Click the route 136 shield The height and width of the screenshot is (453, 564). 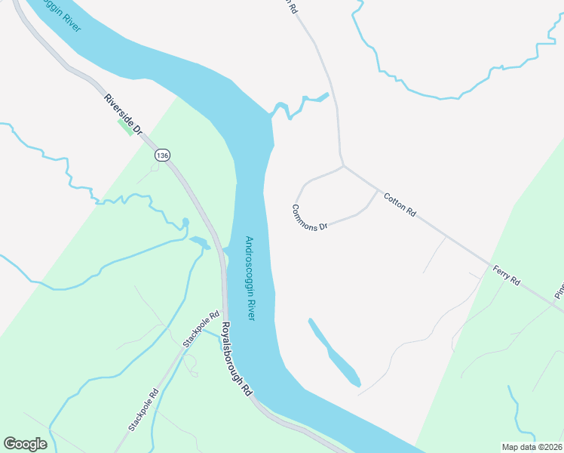[x=162, y=155]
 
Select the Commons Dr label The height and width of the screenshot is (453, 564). [x=310, y=217]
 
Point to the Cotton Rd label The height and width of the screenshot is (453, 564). [x=400, y=205]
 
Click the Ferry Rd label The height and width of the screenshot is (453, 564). [x=507, y=275]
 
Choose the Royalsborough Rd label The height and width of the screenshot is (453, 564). [x=236, y=361]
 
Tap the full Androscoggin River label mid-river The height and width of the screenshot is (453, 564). [x=250, y=279]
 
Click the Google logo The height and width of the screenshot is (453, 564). [x=25, y=444]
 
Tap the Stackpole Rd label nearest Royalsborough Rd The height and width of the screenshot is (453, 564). [x=201, y=330]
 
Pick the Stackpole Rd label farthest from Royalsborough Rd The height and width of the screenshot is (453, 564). [x=143, y=409]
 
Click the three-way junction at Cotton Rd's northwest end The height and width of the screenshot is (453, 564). [x=344, y=166]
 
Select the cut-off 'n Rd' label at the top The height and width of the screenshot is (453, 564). [x=289, y=5]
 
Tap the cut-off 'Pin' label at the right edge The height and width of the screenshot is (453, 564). [x=559, y=291]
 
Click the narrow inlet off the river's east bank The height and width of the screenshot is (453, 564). [x=302, y=103]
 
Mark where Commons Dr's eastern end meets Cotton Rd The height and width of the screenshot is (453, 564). [x=377, y=191]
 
